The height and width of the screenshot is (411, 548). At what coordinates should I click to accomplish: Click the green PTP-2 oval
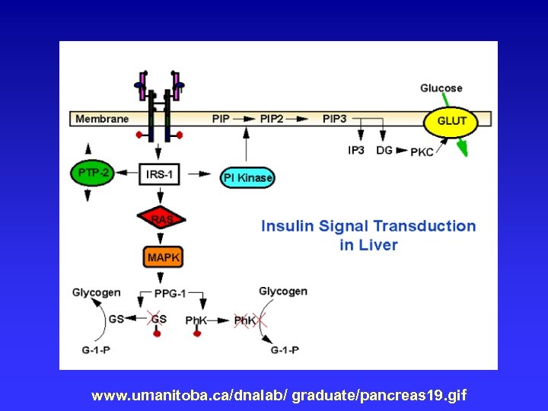pyautogui.click(x=93, y=174)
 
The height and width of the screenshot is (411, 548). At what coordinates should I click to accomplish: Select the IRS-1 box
pyautogui.click(x=160, y=174)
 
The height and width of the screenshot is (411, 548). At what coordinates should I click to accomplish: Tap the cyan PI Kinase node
pyautogui.click(x=247, y=177)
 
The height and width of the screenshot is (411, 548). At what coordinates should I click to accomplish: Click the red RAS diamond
pyautogui.click(x=161, y=219)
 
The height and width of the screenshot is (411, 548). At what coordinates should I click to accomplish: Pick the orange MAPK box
pyautogui.click(x=164, y=257)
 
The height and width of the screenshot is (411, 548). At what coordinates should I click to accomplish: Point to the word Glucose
pyautogui.click(x=441, y=88)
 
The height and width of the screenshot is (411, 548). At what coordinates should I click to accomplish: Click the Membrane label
pyautogui.click(x=102, y=119)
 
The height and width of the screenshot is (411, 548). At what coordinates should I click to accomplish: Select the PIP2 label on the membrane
pyautogui.click(x=272, y=119)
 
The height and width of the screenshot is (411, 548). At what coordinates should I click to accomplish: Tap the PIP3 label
pyautogui.click(x=334, y=119)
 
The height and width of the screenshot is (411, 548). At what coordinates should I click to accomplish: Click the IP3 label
pyautogui.click(x=356, y=150)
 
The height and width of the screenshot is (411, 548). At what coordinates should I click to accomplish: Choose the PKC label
pyautogui.click(x=422, y=151)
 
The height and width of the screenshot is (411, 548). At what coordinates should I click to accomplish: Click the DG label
pyautogui.click(x=384, y=150)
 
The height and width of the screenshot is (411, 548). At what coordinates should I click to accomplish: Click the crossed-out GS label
pyautogui.click(x=158, y=320)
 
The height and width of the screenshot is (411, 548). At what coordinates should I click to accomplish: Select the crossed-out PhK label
pyautogui.click(x=244, y=320)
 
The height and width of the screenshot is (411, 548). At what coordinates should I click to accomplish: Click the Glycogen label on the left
pyautogui.click(x=96, y=292)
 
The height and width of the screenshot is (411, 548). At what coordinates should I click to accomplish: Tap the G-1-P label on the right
pyautogui.click(x=285, y=349)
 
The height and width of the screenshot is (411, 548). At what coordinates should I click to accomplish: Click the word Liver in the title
pyautogui.click(x=379, y=245)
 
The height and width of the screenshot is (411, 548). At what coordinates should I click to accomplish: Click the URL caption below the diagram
pyautogui.click(x=279, y=396)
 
